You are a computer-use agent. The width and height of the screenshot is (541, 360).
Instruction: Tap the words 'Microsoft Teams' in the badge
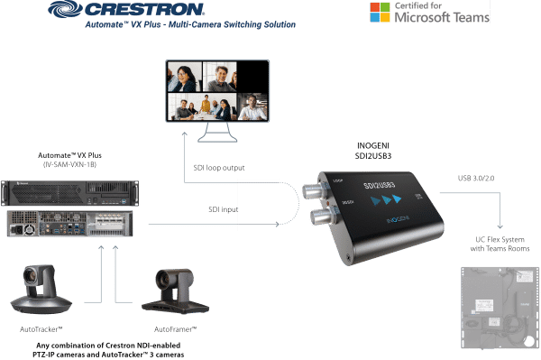[x=433, y=17]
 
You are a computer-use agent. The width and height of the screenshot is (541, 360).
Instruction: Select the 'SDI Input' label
[x=217, y=209]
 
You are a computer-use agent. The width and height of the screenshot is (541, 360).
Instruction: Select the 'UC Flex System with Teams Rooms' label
[x=497, y=243]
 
